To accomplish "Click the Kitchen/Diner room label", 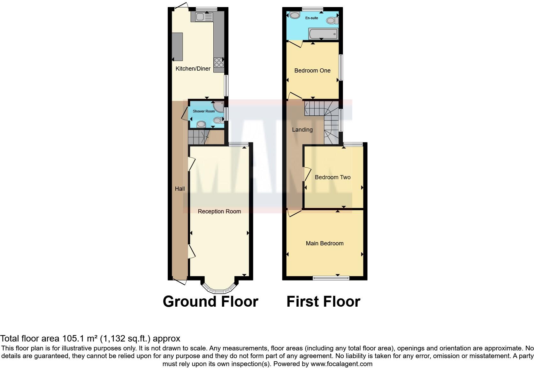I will tap(193, 69).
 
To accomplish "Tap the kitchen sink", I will tap(202, 17).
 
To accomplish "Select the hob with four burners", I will tap(219, 62).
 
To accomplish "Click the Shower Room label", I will tap(204, 111).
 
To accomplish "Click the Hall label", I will tap(180, 189).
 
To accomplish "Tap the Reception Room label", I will tap(219, 211).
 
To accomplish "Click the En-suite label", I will tap(312, 18).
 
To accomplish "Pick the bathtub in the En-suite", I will tap(323, 34).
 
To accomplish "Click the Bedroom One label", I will tap(312, 71).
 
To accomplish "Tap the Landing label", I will tap(302, 130).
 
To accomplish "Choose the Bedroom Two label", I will tap(332, 177).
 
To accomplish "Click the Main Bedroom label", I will tap(324, 243).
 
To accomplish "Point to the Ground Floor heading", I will tap(210, 302).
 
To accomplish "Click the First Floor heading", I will tap(323, 302).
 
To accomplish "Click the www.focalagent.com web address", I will tap(341, 364).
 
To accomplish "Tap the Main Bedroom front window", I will tap(331, 278).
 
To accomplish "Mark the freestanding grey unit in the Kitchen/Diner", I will tap(177, 47).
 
